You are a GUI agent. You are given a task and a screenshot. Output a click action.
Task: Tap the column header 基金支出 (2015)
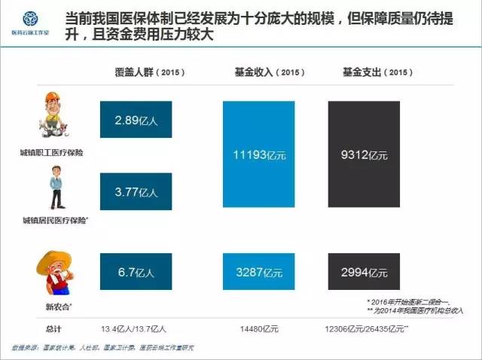coord(365,72)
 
